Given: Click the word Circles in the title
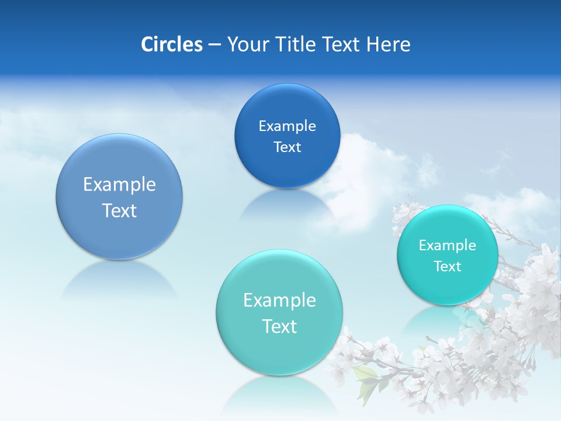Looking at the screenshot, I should [172, 44].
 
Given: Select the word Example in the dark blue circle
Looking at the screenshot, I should [287, 126].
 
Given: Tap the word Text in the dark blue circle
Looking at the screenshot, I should [287, 147].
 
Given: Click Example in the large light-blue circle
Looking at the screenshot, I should [119, 184].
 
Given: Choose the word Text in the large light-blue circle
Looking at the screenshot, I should [119, 210].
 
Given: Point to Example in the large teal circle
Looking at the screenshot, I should [279, 300].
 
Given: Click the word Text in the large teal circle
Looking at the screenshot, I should [279, 326].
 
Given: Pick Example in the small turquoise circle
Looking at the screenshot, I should [447, 245].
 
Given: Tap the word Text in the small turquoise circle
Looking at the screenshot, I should [447, 266].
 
